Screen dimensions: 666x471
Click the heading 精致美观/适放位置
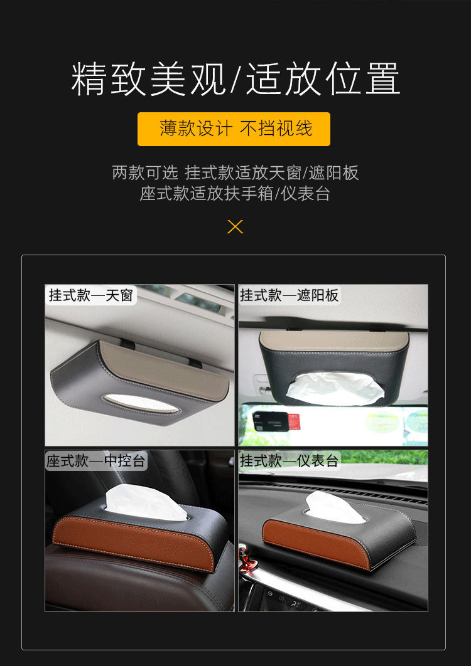pyautogui.click(x=235, y=79)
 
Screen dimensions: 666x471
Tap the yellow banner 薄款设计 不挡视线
pyautogui.click(x=234, y=129)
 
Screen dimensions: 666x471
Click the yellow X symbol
pyautogui.click(x=235, y=226)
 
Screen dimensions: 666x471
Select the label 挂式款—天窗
pyautogui.click(x=92, y=295)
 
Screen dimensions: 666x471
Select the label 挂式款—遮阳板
pyautogui.click(x=289, y=295)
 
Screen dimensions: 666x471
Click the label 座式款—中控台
pyautogui.click(x=96, y=462)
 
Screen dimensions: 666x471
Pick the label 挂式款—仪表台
pyautogui.click(x=289, y=462)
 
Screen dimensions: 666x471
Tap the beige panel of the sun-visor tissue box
pyautogui.click(x=333, y=340)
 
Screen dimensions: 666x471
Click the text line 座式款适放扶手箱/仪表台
pyautogui.click(x=235, y=193)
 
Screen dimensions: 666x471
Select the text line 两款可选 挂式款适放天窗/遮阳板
pyautogui.click(x=235, y=172)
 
